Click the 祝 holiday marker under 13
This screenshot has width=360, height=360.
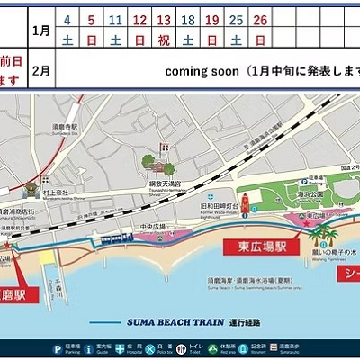click(x=163, y=40)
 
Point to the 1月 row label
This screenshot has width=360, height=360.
click(x=40, y=30)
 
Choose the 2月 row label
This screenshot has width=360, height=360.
click(x=40, y=69)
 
